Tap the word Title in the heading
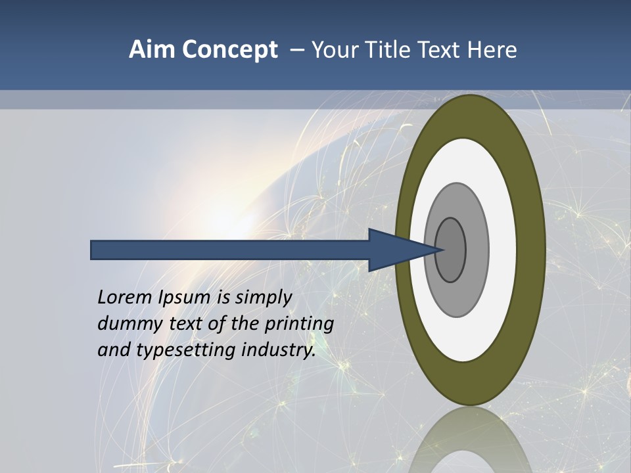pyautogui.click(x=392, y=50)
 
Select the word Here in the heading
pyautogui.click(x=492, y=50)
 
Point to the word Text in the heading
pyautogui.click(x=442, y=50)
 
